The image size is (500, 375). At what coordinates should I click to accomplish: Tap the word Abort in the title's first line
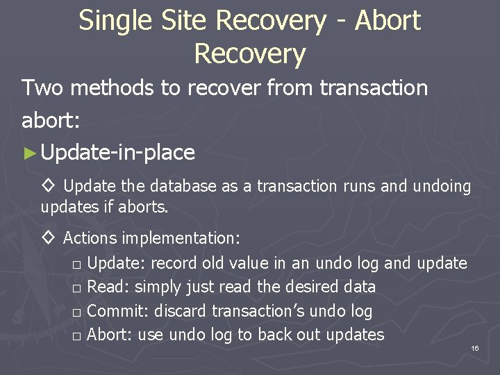(387, 21)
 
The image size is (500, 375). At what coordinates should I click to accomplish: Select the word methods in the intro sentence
(112, 88)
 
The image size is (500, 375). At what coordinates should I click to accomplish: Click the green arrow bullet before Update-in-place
(28, 153)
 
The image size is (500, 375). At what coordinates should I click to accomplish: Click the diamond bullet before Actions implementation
(49, 238)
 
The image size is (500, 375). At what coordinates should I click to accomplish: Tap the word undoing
(442, 187)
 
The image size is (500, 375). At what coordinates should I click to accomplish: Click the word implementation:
(182, 238)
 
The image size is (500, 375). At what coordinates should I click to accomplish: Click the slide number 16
(474, 347)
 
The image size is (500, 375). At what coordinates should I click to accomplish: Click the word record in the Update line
(173, 263)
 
